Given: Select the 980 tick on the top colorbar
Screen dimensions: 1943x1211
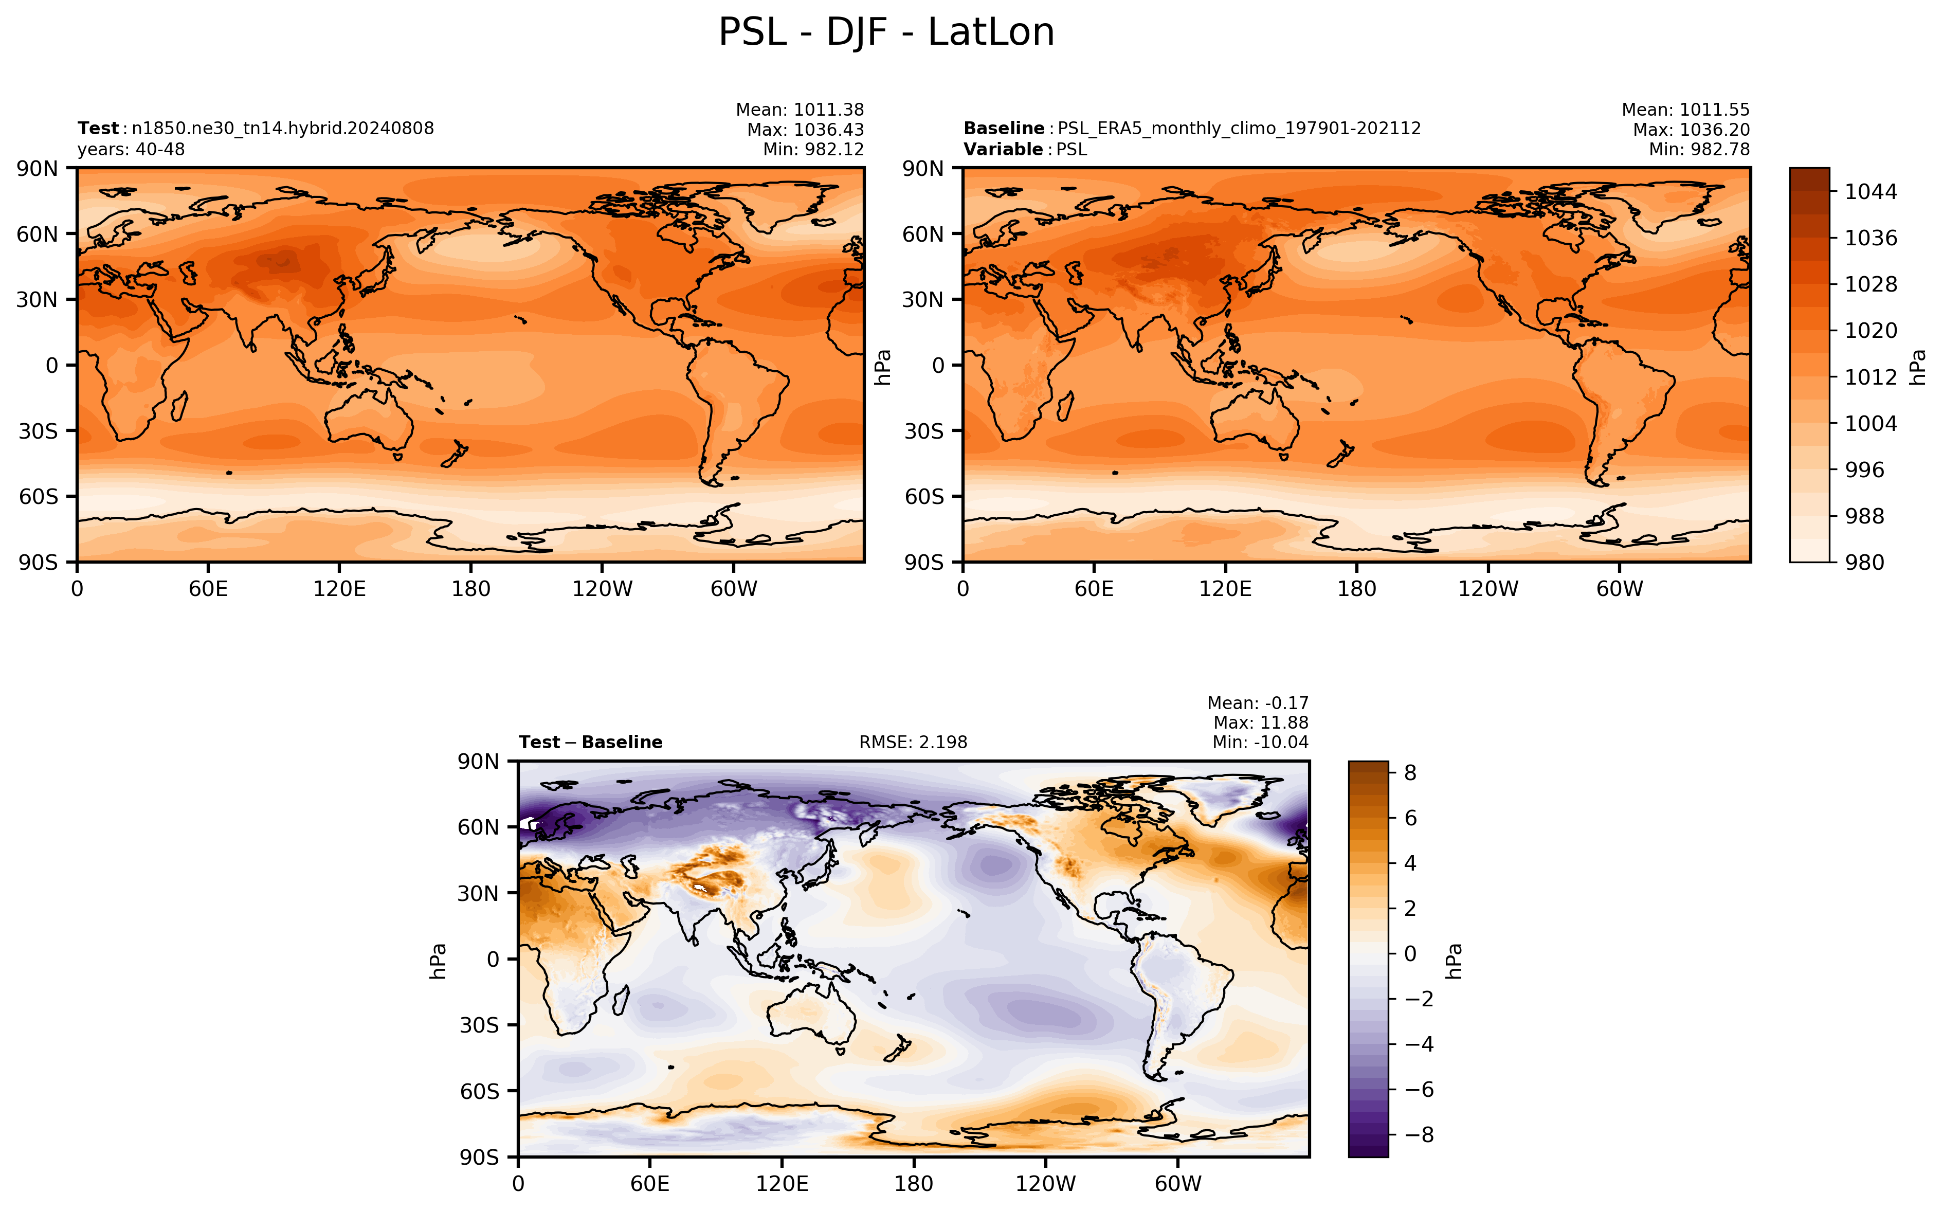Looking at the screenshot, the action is point(1864,562).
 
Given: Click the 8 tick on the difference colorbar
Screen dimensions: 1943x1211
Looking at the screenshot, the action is point(1411,773).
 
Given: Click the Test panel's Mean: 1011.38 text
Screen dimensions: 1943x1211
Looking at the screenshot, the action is point(800,110).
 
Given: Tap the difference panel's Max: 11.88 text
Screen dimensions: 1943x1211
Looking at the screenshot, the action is point(1261,722).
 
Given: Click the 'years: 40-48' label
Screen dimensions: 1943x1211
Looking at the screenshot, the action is point(131,149).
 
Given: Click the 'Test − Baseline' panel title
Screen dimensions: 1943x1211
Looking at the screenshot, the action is point(591,743).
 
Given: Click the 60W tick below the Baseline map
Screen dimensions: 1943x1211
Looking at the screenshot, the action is point(1620,589).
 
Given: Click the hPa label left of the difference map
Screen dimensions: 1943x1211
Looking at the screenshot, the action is point(438,960).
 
